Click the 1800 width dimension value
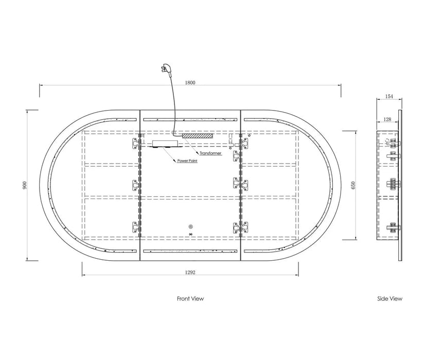coord(190,82)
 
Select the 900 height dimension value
coord(25,185)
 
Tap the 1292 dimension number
coord(190,272)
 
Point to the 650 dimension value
coord(353,186)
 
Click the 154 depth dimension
coord(389,96)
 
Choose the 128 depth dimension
coord(387,119)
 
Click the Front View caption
coord(190,299)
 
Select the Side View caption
coord(389,299)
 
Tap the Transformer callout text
coord(210,153)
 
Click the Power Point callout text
coord(187,161)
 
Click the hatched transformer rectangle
coord(197,135)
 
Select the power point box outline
coord(165,143)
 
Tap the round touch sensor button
coord(190,226)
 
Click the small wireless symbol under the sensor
coord(190,234)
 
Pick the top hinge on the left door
coord(136,143)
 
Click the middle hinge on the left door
coord(136,185)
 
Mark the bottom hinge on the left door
coord(136,227)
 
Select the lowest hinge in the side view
coord(394,227)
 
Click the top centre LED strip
coord(190,119)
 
